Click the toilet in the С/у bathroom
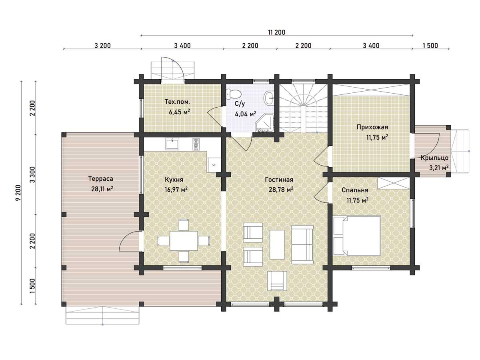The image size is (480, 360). (234, 94)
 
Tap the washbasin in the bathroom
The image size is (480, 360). (269, 98)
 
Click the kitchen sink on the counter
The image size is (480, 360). (172, 144)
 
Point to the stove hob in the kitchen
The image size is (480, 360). (196, 144)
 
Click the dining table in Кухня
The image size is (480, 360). (184, 241)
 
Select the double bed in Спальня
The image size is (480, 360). (357, 236)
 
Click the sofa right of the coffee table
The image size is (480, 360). (302, 244)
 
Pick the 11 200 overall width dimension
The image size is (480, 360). (277, 32)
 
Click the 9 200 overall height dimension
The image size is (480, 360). (18, 192)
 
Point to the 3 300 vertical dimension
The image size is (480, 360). (32, 174)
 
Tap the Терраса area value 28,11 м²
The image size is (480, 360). (102, 189)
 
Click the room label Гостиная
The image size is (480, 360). (279, 180)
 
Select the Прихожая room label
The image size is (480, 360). (372, 127)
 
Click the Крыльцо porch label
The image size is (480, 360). (434, 158)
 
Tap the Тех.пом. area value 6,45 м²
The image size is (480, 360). (179, 112)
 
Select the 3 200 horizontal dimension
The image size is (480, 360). (102, 46)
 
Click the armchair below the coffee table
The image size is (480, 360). (277, 281)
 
